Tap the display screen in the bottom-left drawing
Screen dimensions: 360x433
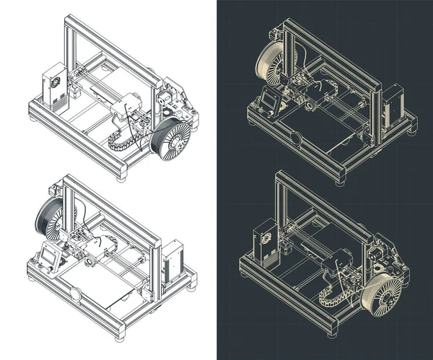[x=49, y=258]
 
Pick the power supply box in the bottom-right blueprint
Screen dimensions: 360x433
[x=264, y=243]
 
